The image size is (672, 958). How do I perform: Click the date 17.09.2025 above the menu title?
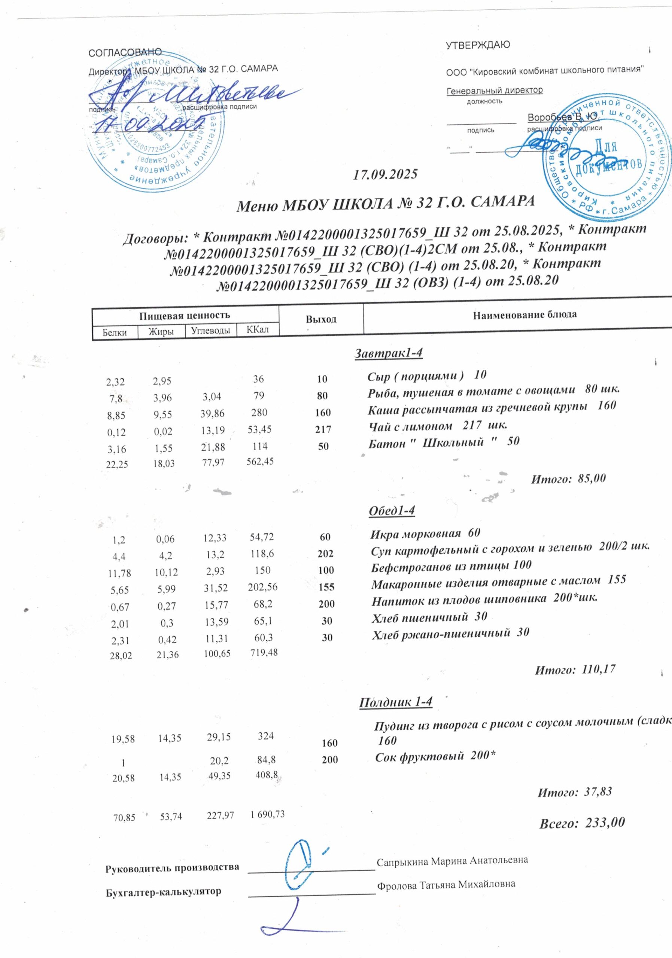[x=385, y=174]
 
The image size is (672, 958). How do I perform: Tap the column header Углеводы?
[x=210, y=330]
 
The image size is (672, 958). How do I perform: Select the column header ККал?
[x=257, y=330]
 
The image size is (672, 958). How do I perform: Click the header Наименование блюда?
[x=524, y=315]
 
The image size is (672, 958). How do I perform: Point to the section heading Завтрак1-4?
[x=388, y=353]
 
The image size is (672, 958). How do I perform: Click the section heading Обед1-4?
[x=392, y=511]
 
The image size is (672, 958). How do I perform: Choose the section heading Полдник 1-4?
[x=396, y=702]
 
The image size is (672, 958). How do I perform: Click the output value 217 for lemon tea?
[x=323, y=429]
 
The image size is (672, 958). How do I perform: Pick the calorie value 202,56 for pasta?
[x=261, y=587]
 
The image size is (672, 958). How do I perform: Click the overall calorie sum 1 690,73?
[x=267, y=814]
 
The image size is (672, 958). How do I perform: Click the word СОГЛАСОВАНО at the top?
[x=125, y=52]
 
